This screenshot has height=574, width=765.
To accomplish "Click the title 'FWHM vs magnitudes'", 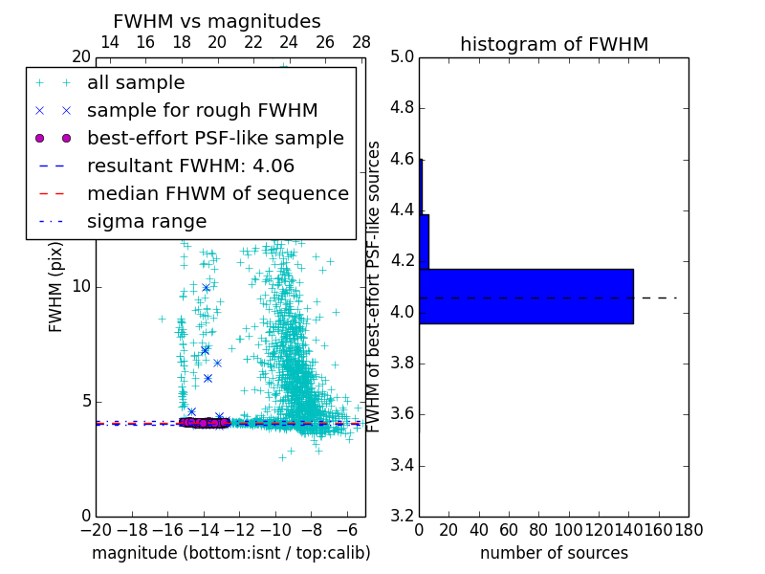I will (217, 21).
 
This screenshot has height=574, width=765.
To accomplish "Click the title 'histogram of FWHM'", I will (554, 44).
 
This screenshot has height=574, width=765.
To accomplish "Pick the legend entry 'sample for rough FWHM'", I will (202, 110).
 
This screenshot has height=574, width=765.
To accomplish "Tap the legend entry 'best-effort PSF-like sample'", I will (215, 138).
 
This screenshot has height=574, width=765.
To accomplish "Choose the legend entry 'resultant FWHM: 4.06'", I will (190, 166).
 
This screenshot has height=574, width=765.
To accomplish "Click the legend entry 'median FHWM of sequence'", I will (217, 193).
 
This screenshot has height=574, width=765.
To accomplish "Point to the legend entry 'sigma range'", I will (146, 221).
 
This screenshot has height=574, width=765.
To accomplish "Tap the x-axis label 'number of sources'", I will (554, 553).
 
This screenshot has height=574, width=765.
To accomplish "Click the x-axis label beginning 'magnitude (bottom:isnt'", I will (230, 553).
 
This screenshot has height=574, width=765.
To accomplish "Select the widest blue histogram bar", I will (526, 297).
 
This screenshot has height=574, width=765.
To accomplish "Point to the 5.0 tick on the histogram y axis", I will (402, 57).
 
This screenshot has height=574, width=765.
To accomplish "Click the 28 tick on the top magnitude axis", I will (361, 42).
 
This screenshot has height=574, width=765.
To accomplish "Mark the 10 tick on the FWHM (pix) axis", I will (81, 287).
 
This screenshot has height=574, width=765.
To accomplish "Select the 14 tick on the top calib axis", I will (110, 42).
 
